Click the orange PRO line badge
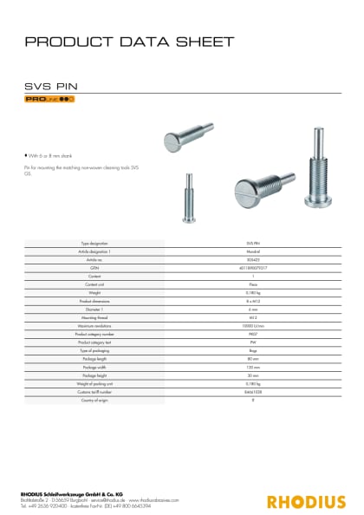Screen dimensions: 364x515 tap(49, 100)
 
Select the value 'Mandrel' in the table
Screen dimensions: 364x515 tap(254, 252)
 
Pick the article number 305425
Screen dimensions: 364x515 tap(254, 259)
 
